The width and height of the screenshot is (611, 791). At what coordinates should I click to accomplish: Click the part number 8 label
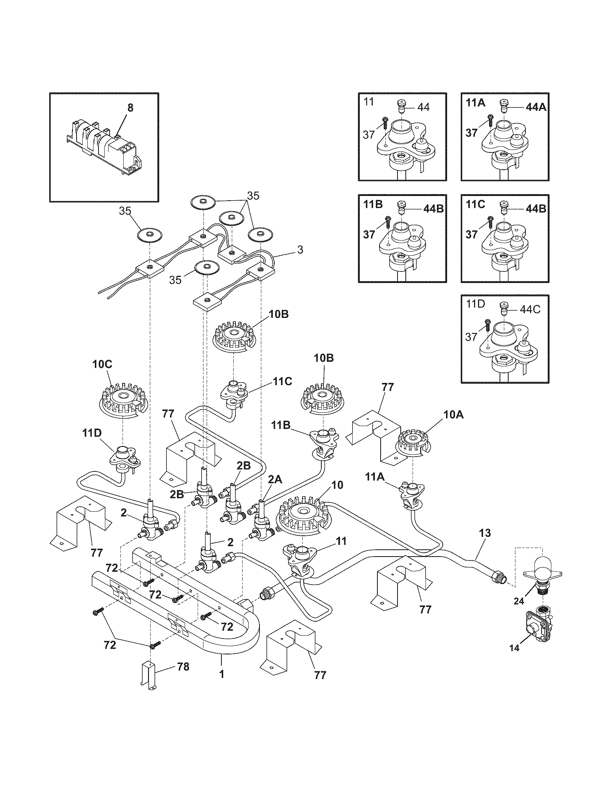pos(130,108)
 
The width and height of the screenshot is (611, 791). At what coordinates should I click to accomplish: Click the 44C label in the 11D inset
pos(530,310)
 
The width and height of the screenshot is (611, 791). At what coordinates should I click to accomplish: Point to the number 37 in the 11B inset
pos(369,234)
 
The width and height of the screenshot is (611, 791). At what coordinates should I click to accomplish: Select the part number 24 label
pos(519,601)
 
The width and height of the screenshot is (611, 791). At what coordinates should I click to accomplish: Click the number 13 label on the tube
pos(485,533)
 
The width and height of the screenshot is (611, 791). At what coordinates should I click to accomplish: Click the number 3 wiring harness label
pos(300,250)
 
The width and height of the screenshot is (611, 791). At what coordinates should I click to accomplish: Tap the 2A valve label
pos(275,480)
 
